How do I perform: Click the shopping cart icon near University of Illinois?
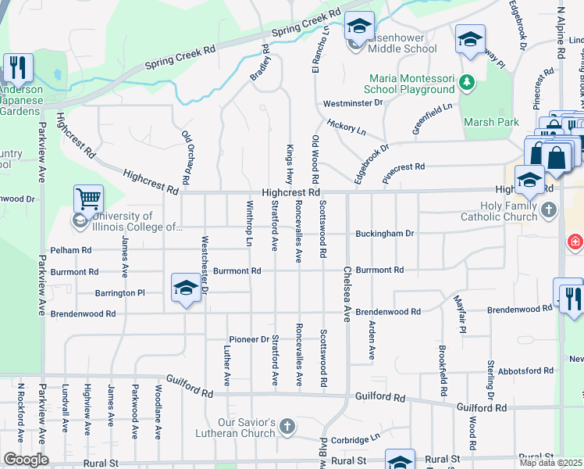point(89,199)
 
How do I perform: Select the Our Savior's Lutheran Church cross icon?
point(287,426)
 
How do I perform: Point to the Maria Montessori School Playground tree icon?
point(466,81)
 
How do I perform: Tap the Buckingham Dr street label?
point(385,233)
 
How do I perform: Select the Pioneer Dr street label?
point(248,339)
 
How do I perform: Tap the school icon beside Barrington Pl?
point(186,287)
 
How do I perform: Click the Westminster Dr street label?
point(353,102)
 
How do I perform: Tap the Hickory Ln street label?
point(347,127)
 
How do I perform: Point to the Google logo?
point(26,460)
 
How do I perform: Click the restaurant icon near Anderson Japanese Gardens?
point(17,68)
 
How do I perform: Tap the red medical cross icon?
point(575,242)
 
